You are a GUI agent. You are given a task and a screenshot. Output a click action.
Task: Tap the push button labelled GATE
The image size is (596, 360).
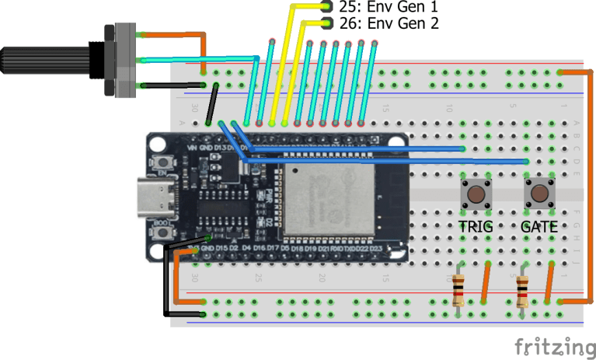click(538, 193)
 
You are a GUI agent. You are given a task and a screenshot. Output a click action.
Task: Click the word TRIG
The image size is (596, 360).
click(474, 227)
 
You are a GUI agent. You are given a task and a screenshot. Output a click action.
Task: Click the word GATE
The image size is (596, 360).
click(538, 227)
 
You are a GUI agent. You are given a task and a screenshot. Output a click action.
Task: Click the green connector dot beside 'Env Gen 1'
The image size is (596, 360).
click(326, 6)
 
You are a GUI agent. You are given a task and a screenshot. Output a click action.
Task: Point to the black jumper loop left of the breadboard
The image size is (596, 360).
click(165, 280)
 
